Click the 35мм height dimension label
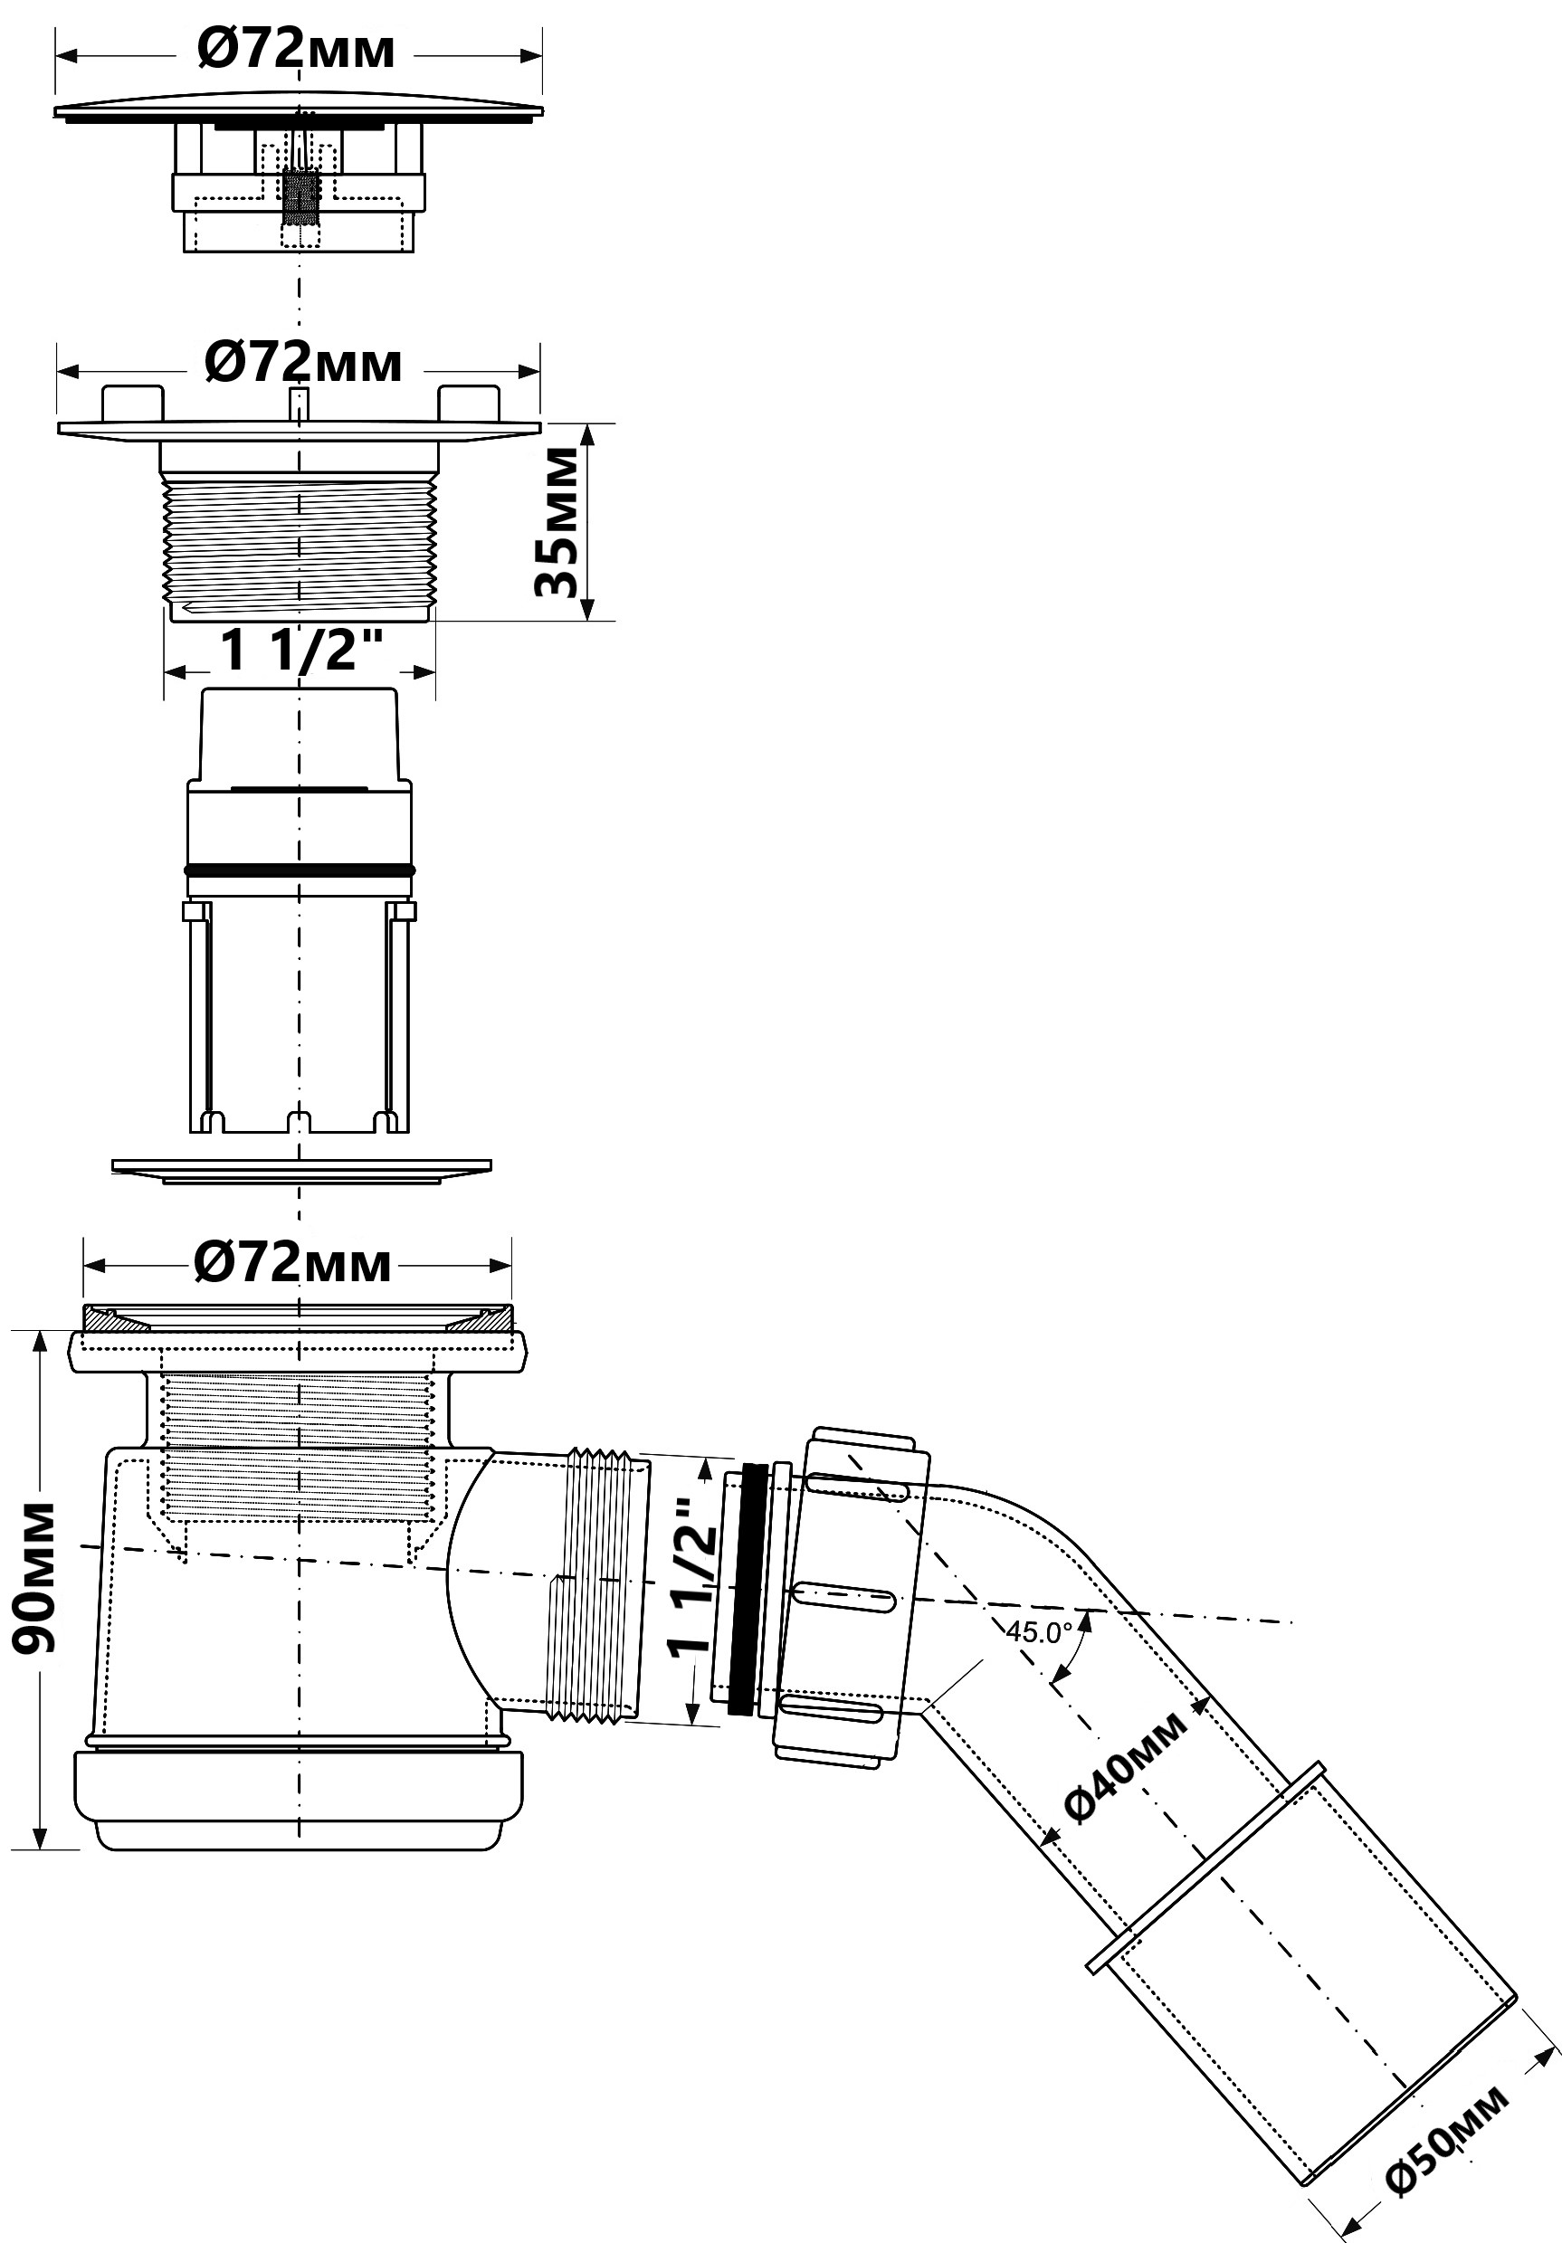click(557, 522)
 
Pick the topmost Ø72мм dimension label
click(296, 50)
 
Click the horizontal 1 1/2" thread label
click(300, 649)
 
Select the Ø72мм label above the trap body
click(292, 1263)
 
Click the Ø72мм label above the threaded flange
click(303, 364)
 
